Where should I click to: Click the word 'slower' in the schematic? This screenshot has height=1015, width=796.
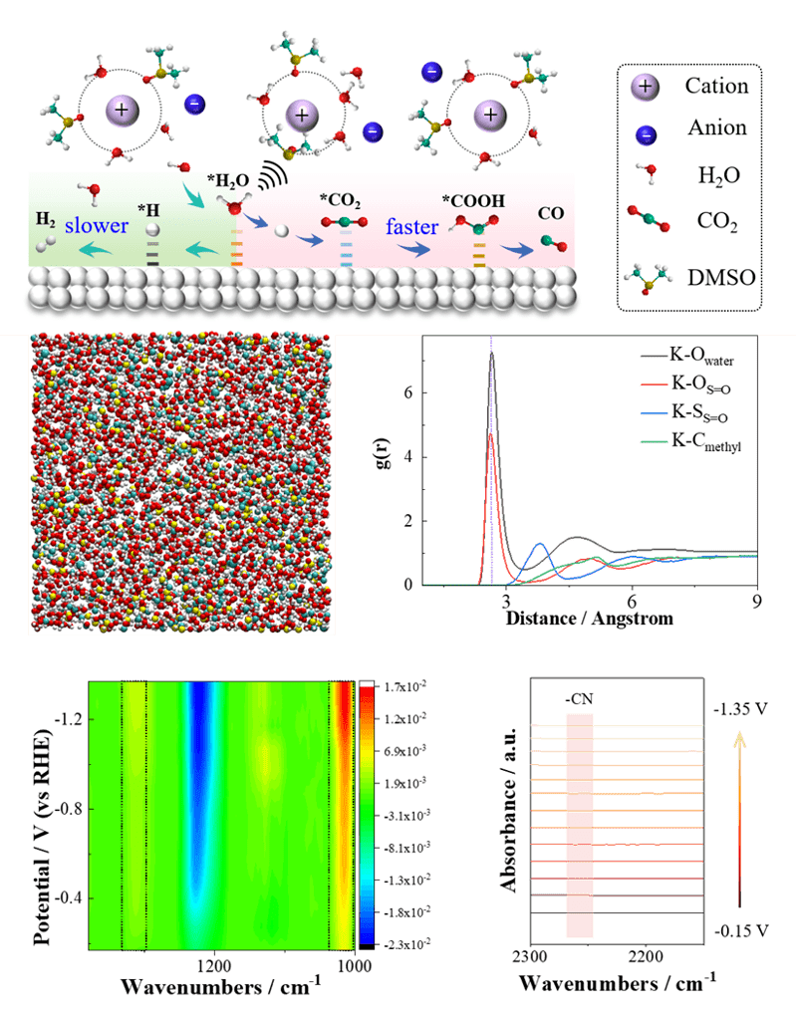tap(99, 226)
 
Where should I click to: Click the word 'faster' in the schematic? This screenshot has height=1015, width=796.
tap(412, 227)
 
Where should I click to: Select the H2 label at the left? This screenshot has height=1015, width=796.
tap(46, 218)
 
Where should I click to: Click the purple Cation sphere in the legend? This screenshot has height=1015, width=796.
tap(646, 87)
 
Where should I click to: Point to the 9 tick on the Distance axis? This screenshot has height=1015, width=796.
tap(756, 602)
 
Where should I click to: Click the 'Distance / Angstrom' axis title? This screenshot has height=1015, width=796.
tap(589, 619)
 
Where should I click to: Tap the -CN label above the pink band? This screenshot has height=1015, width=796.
tap(578, 697)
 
